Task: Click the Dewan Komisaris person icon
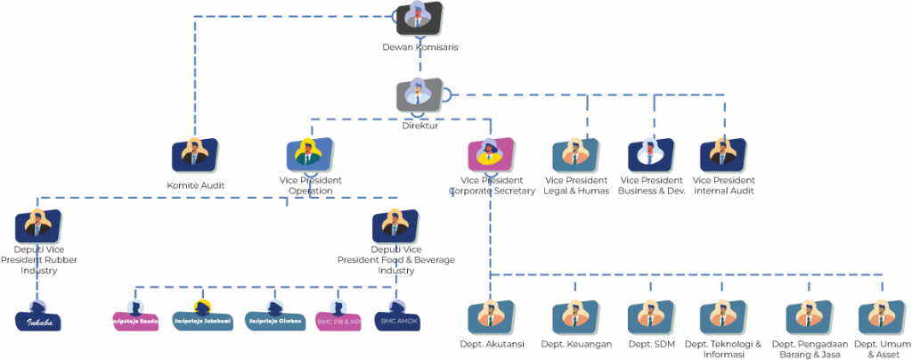[418, 19]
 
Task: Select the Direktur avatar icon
[419, 95]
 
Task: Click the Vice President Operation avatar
[310, 155]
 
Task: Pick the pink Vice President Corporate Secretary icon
[491, 155]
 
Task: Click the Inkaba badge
[38, 319]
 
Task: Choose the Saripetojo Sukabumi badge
[202, 319]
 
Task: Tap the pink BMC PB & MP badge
[338, 319]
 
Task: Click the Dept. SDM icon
[650, 317]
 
